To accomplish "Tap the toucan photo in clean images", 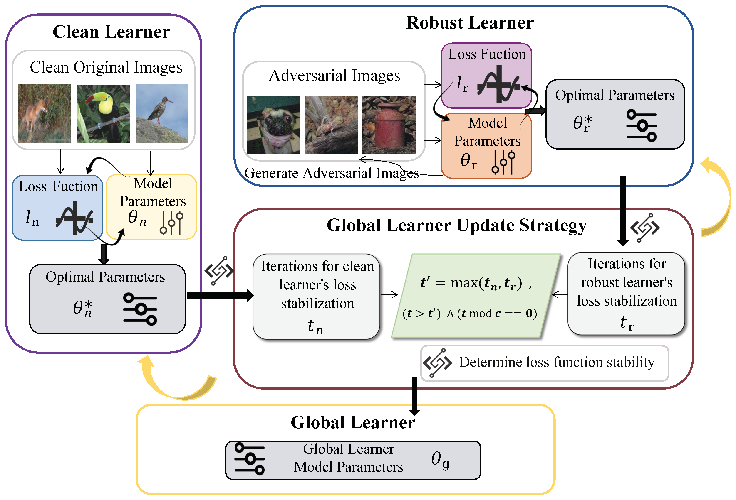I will pos(103,114).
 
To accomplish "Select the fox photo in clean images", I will pos(44,113).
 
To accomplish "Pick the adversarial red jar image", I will pos(389,125).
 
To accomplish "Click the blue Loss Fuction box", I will pos(58,207).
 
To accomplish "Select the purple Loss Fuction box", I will pos(486,75).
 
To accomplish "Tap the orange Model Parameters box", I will pos(486,146).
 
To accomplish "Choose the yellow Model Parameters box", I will pos(151,206).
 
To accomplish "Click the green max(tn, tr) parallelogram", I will pos(475,296).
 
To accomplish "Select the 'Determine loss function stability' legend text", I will pos(556,362).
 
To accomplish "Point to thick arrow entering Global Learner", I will pos(414,396).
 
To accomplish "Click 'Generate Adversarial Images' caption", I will pos(331,173).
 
